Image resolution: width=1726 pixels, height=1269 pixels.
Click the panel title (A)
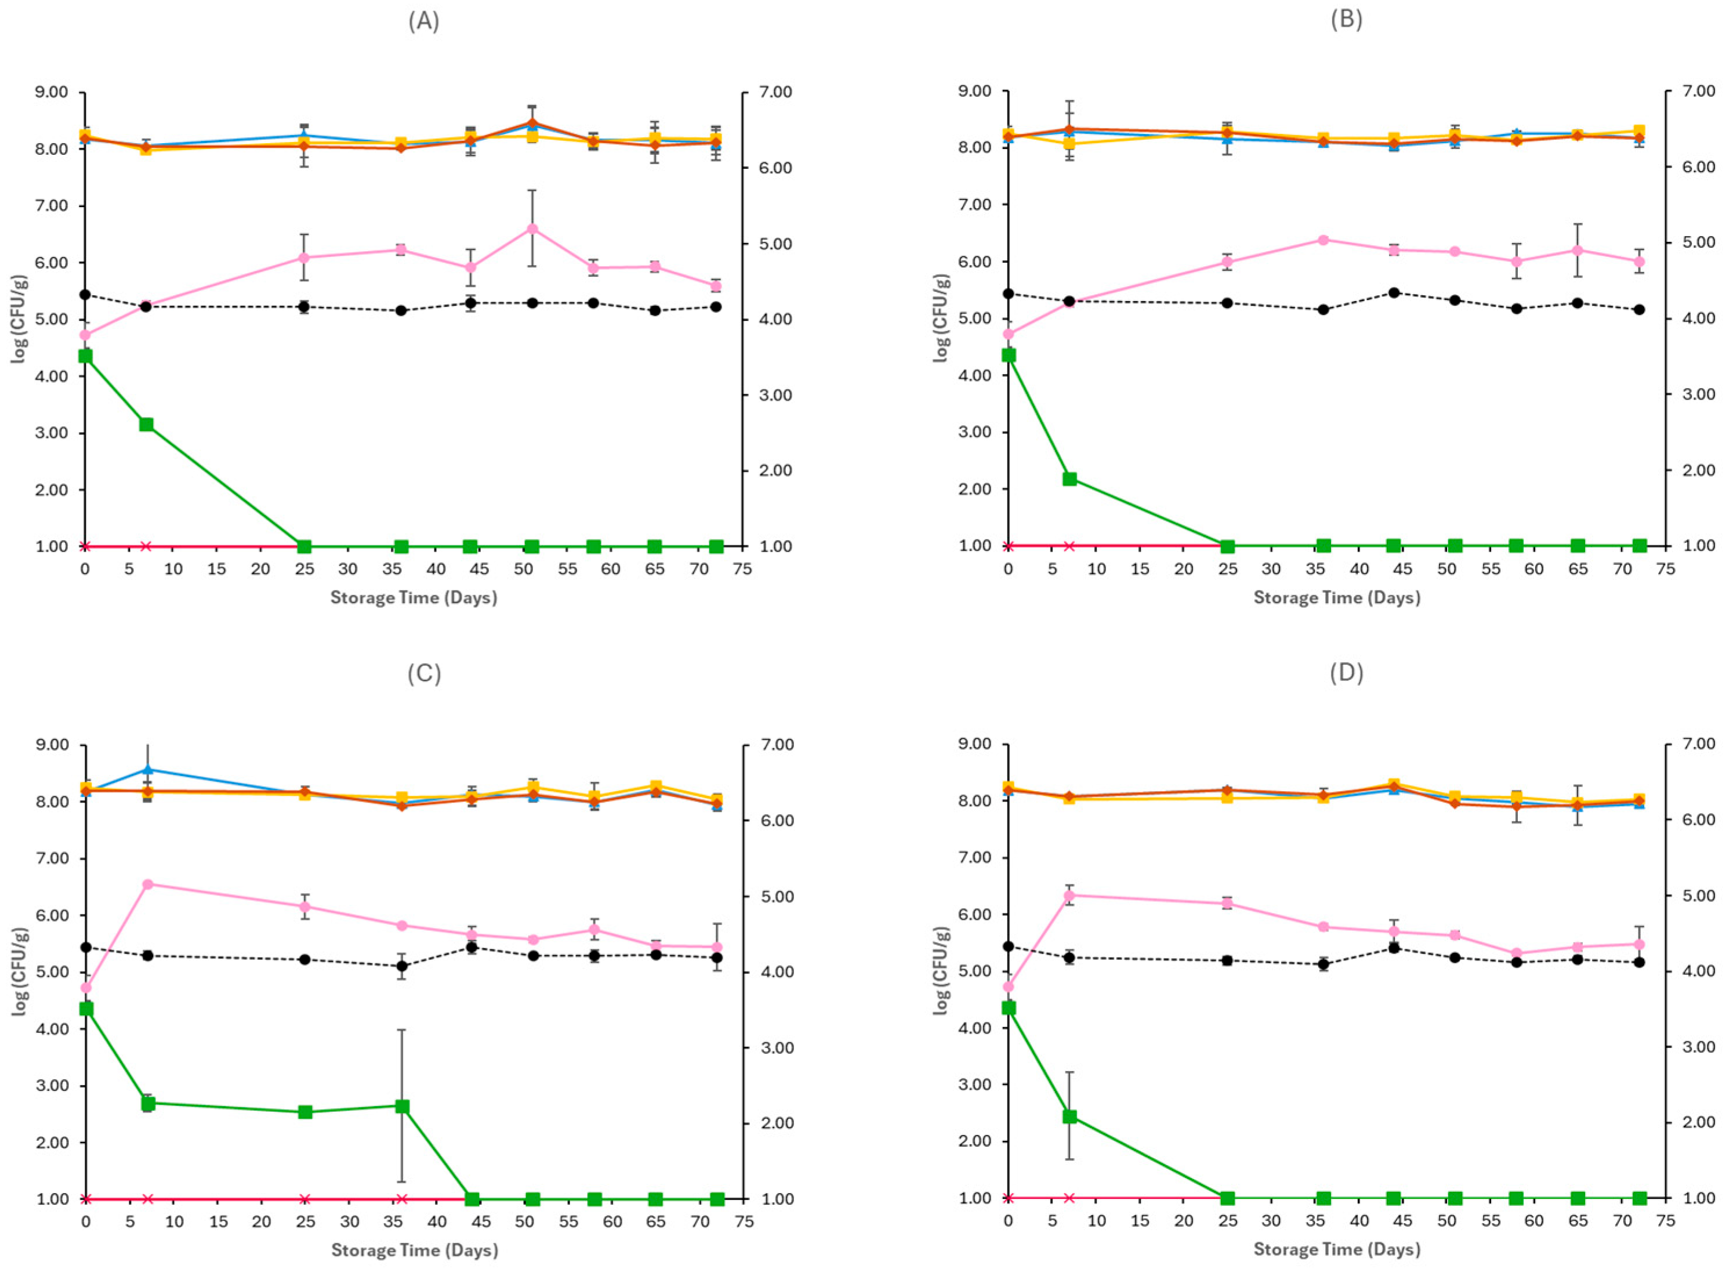pyautogui.click(x=423, y=22)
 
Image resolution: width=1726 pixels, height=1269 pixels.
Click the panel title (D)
pyautogui.click(x=1346, y=673)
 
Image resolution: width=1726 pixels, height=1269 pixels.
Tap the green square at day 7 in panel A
pyautogui.click(x=146, y=425)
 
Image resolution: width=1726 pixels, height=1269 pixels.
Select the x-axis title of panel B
pyautogui.click(x=1337, y=597)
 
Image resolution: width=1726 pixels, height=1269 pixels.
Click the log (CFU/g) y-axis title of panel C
pyautogui.click(x=21, y=971)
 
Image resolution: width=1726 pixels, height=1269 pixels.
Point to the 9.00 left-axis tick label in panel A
pyautogui.click(x=52, y=92)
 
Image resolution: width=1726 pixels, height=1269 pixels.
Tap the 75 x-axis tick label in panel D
pyautogui.click(x=1665, y=1222)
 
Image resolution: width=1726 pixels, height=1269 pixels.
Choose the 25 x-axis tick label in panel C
pyautogui.click(x=305, y=1222)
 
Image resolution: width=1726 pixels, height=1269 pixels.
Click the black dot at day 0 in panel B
pyautogui.click(x=1009, y=293)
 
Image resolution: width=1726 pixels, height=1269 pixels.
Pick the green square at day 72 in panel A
pyautogui.click(x=716, y=546)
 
